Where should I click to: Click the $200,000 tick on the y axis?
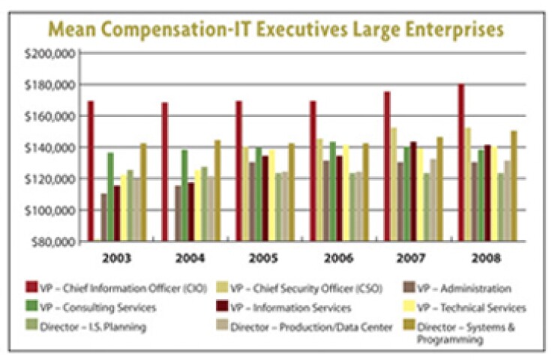click(52, 54)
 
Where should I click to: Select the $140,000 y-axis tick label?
click(52, 148)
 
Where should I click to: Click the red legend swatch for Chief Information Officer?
click(52, 287)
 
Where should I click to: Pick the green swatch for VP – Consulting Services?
click(52, 307)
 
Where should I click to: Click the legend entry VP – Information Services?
click(292, 307)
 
